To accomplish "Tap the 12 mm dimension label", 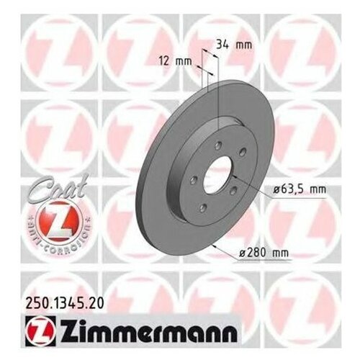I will (178, 61).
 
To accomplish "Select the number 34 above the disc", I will (225, 45).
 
